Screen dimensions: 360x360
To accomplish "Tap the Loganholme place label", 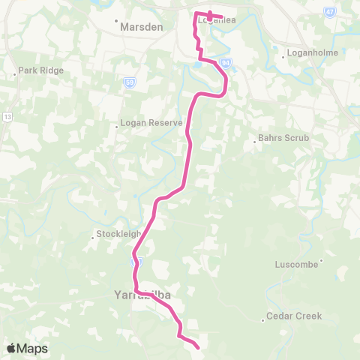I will point(311,53).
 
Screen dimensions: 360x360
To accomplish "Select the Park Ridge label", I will point(42,70).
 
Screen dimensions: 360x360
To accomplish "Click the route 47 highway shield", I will point(330,13).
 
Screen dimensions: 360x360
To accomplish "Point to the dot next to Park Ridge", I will point(15,74).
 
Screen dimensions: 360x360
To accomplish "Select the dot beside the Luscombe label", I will point(322,261).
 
